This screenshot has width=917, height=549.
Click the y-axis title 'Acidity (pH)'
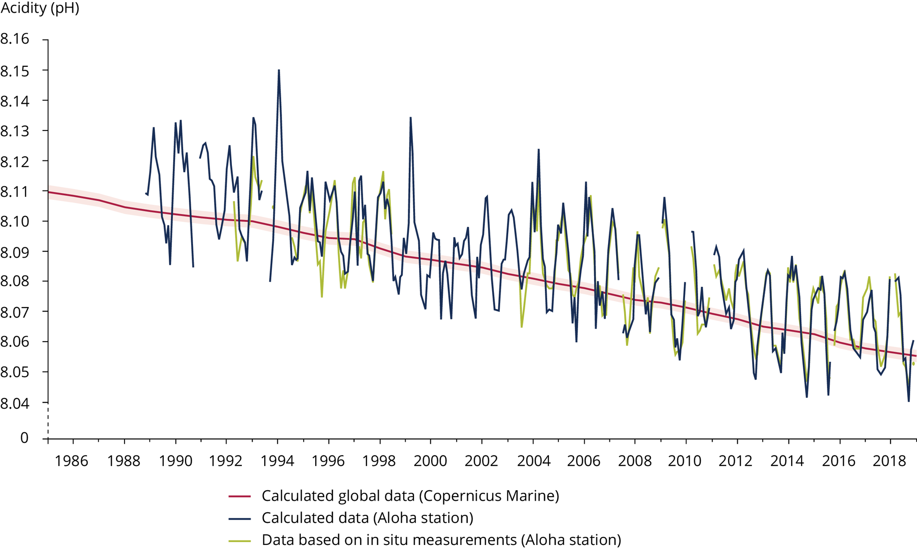(x=39, y=8)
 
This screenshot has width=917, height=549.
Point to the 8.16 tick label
(x=15, y=39)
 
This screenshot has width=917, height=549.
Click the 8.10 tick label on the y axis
(x=15, y=221)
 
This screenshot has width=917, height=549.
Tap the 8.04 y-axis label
(x=15, y=403)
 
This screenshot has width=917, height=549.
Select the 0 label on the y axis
(x=24, y=438)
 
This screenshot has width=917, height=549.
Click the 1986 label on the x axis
(x=72, y=461)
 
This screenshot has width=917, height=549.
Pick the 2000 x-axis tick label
(x=430, y=461)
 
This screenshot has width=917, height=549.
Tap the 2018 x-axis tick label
(x=890, y=461)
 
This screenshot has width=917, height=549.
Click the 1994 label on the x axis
(x=278, y=461)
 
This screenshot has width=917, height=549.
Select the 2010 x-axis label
(x=685, y=461)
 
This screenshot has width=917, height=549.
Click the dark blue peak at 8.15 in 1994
(x=279, y=70)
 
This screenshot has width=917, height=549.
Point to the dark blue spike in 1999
(x=411, y=118)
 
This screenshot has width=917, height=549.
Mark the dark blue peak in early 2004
(x=539, y=150)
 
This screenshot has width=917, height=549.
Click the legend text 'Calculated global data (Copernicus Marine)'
(x=410, y=496)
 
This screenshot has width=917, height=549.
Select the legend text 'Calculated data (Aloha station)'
(x=367, y=518)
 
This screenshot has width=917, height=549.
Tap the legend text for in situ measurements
(x=441, y=540)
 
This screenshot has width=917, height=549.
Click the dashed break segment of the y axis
(x=48, y=420)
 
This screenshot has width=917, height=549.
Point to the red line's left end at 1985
(x=48, y=192)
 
